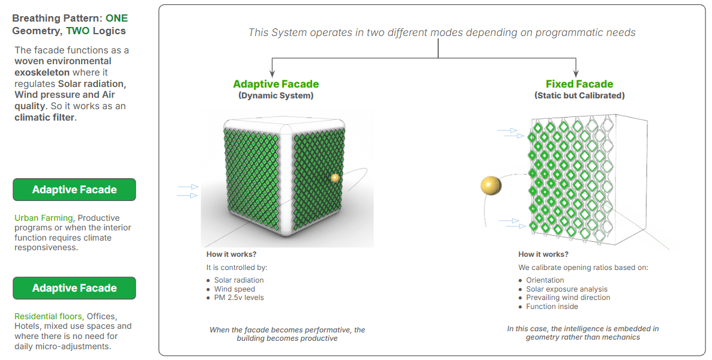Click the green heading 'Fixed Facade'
tap(579, 84)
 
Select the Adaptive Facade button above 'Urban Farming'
tap(74, 190)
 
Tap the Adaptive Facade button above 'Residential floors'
tap(74, 288)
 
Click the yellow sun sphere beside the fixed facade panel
tap(491, 185)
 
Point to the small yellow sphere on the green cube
tap(334, 178)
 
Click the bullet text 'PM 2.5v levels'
tap(239, 298)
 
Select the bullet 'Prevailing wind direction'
tap(568, 298)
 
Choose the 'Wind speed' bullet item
tap(234, 289)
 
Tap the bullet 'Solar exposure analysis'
tap(567, 289)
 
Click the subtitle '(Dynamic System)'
tap(276, 96)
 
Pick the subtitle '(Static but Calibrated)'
tap(579, 96)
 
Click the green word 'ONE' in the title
tap(116, 18)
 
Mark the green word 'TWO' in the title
tap(77, 31)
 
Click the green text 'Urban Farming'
tap(44, 218)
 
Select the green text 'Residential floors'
tap(49, 316)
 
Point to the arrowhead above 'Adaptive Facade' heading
tap(272, 74)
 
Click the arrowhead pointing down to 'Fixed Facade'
tap(576, 74)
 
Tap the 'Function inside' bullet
tap(552, 307)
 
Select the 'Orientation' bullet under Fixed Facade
tap(545, 281)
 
